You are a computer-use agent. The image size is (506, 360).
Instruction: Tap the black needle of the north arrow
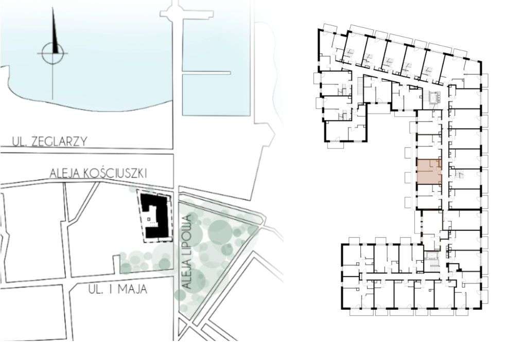[x=54, y=31]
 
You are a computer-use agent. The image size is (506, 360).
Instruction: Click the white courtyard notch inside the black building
[x=149, y=219]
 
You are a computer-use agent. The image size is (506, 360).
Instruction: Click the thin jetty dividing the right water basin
[x=206, y=74]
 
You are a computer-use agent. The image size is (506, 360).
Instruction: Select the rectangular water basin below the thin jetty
[x=216, y=95]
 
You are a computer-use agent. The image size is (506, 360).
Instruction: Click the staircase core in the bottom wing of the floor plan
[x=431, y=262]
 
